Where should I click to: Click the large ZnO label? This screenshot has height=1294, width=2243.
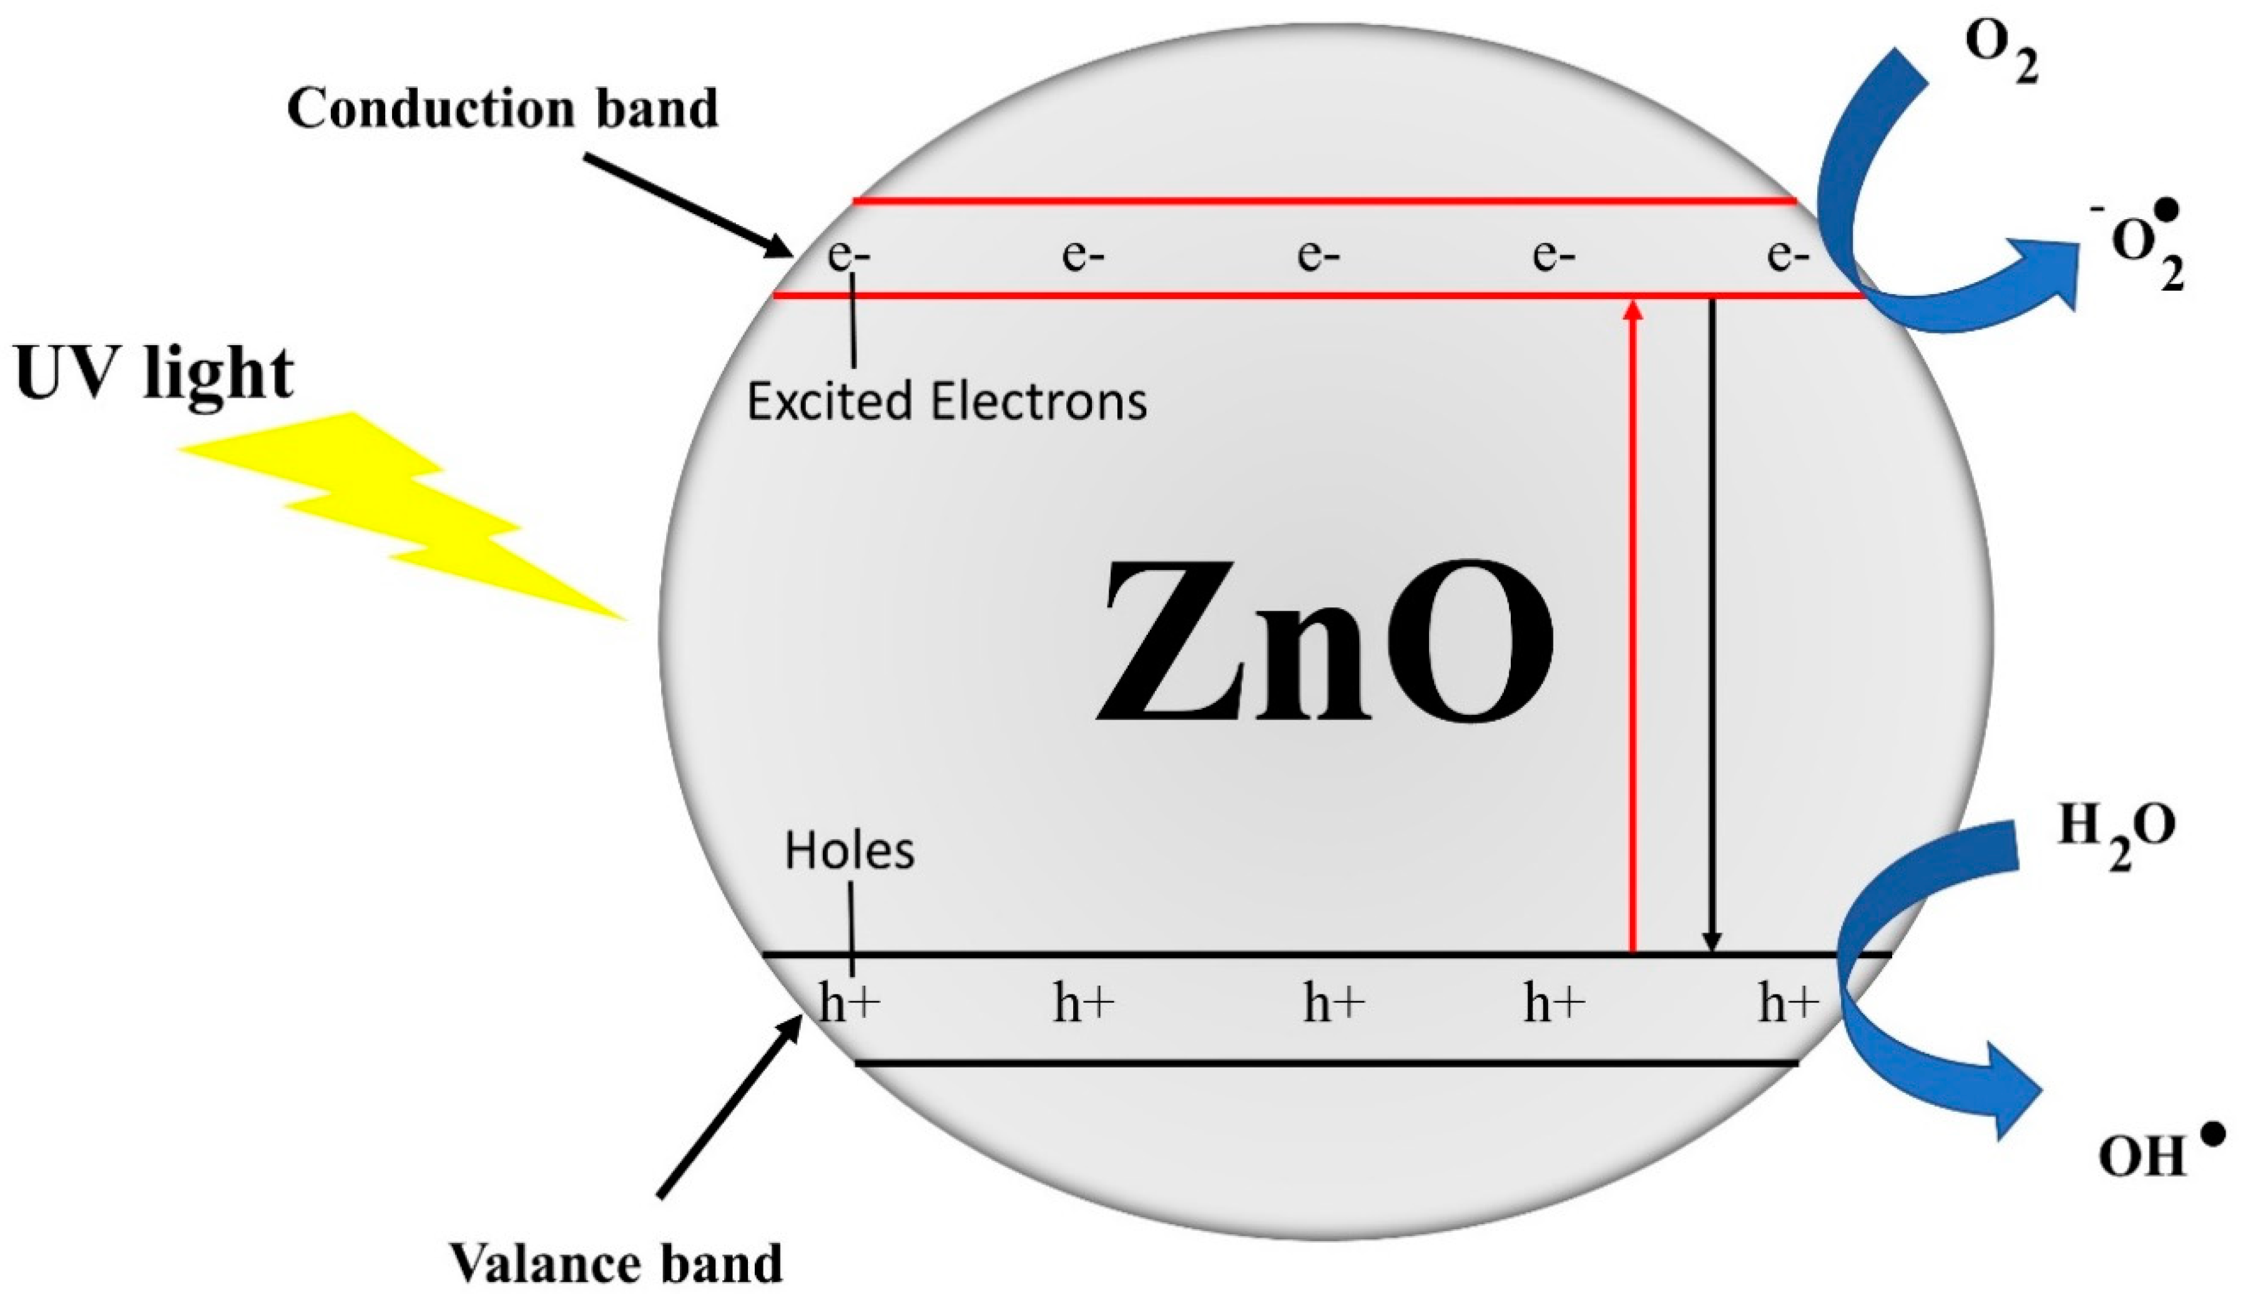click(1324, 642)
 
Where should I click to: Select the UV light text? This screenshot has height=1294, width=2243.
click(154, 374)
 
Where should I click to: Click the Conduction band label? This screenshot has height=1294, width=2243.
click(502, 109)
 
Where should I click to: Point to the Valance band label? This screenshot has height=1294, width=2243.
click(616, 1263)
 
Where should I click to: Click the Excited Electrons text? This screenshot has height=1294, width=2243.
click(946, 402)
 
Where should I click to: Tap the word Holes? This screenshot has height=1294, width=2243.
click(848, 851)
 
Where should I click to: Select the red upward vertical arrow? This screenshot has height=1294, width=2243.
click(1632, 622)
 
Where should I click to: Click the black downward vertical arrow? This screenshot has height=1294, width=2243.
click(1712, 622)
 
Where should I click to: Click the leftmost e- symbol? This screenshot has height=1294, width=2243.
click(848, 256)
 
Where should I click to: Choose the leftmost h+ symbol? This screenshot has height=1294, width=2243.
click(848, 1004)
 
